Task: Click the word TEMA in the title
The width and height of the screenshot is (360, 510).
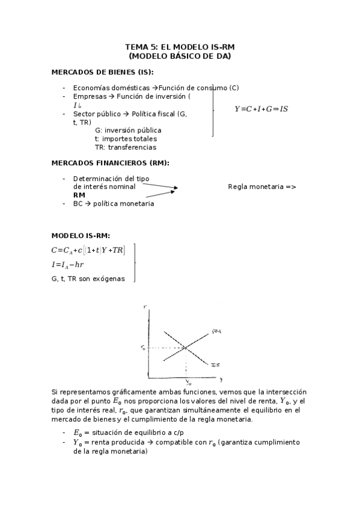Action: point(135,46)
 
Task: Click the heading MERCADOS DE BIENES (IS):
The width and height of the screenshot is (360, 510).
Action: point(99,72)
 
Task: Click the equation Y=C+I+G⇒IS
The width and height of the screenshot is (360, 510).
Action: point(261,109)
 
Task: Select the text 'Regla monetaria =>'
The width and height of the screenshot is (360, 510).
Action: point(262,186)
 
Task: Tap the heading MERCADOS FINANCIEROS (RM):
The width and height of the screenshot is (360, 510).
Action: point(111,162)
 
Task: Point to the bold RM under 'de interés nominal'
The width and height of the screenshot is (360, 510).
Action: point(79,195)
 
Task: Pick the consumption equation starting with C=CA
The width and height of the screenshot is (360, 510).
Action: point(88,250)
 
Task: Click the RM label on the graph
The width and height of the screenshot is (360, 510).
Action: point(217,330)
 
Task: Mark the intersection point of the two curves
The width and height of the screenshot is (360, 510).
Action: point(186,348)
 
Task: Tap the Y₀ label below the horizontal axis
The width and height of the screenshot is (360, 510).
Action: point(188,382)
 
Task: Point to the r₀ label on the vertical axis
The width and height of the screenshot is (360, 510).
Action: point(142,348)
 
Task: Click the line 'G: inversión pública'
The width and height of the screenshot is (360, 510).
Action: point(128,130)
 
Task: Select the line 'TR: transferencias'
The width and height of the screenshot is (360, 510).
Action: point(125,147)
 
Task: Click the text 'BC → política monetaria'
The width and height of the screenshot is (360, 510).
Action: point(113,203)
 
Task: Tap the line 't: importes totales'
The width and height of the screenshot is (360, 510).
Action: point(125,138)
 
